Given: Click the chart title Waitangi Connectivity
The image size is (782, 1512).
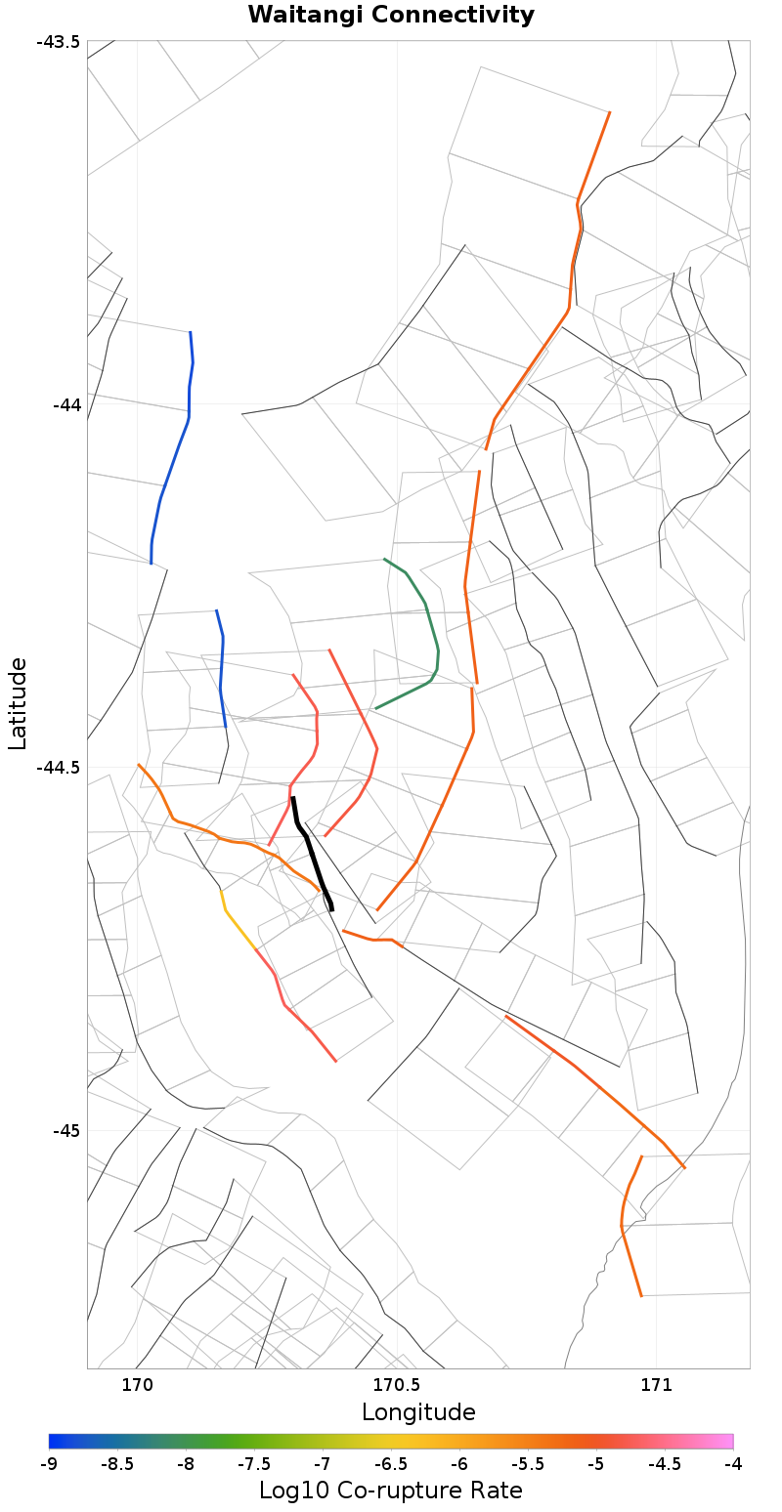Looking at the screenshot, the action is coord(391,15).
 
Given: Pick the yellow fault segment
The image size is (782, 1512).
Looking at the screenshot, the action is coord(236,923).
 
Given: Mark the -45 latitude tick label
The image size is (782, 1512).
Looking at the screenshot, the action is coord(65,1130).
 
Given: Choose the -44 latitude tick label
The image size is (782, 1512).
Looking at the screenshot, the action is coord(65,404).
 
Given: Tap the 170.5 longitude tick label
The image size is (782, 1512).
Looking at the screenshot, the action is coord(396,1384).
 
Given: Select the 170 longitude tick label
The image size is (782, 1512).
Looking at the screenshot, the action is coord(137,1384).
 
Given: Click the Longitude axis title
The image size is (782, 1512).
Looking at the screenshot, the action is coord(418,1412).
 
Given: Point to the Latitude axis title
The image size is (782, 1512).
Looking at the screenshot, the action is coord(18,703).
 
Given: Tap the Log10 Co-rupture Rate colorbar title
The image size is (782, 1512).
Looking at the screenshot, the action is coord(391,1491).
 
